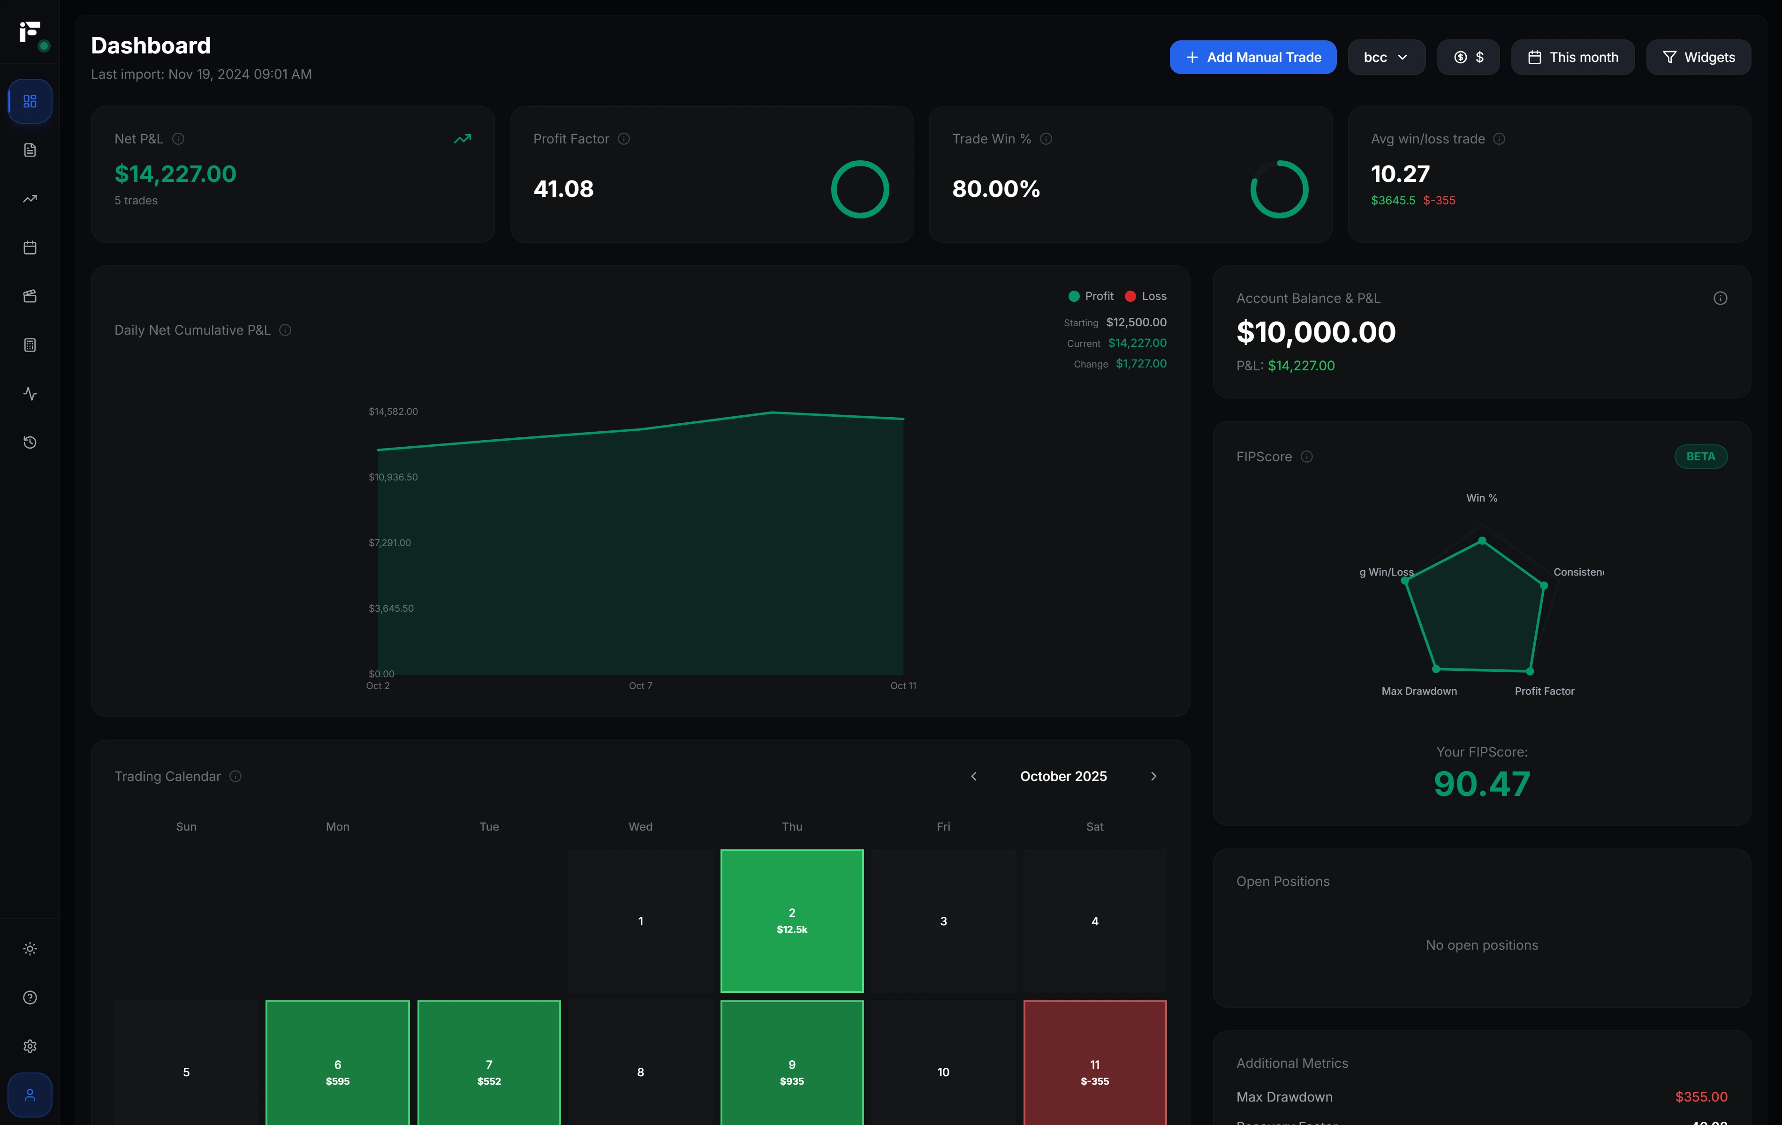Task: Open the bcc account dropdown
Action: click(1385, 57)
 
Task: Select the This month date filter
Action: click(1573, 57)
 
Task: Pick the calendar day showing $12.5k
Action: click(791, 920)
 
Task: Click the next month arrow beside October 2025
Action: click(1153, 776)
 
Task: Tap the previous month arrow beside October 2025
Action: click(974, 776)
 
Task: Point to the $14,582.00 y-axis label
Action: click(393, 411)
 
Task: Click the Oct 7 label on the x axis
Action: click(640, 686)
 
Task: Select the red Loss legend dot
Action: click(1130, 296)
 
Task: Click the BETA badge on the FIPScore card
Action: click(1700, 457)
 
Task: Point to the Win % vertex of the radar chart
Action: click(1481, 540)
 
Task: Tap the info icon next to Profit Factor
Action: click(624, 139)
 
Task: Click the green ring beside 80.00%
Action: click(1279, 189)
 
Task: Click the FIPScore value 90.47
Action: click(1481, 784)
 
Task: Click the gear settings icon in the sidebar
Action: click(30, 1046)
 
